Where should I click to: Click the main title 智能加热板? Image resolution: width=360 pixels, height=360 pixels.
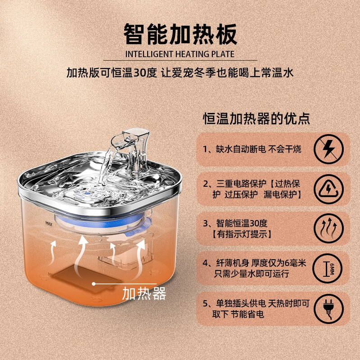(180, 34)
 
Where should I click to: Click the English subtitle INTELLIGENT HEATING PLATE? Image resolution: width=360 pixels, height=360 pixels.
(180, 54)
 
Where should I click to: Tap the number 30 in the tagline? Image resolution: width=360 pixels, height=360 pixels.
(139, 73)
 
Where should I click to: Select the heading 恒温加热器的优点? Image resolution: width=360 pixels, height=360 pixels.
(256, 118)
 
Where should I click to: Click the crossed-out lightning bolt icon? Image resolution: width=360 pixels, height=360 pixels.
(328, 149)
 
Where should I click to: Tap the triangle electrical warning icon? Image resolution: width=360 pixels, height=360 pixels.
(328, 189)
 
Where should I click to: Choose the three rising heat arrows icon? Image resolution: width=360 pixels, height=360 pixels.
(328, 228)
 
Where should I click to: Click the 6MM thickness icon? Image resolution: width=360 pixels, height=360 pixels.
(328, 268)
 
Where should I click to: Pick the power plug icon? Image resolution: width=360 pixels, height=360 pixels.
(328, 309)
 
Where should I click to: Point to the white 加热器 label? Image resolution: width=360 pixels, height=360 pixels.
(144, 293)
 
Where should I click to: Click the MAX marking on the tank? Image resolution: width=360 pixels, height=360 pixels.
(49, 223)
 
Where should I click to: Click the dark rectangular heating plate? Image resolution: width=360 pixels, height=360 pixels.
(87, 279)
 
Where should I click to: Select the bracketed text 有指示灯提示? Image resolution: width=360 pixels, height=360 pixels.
(242, 234)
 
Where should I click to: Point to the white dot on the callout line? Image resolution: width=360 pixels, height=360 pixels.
(94, 284)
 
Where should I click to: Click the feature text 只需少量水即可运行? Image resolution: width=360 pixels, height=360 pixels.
(252, 274)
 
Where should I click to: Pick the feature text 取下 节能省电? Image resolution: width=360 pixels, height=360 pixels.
(238, 314)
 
